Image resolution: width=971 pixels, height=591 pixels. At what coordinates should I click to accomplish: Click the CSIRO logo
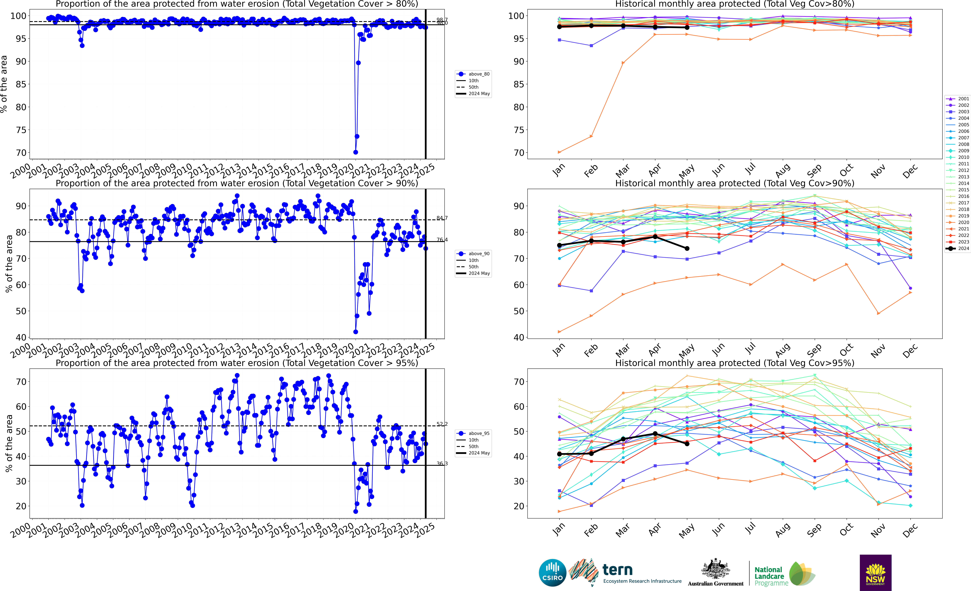[552, 572]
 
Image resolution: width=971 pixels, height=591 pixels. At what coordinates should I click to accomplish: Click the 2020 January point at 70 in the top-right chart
[559, 152]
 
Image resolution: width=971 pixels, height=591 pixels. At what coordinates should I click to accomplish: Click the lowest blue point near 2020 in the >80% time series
[355, 152]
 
